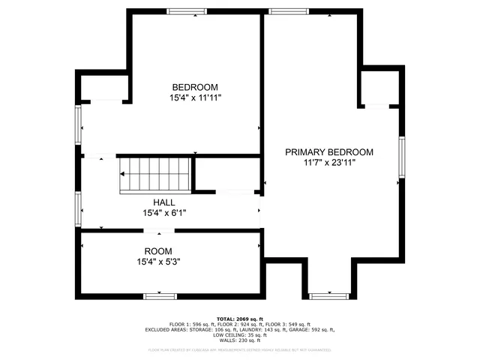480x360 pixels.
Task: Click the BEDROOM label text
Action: [x=196, y=86]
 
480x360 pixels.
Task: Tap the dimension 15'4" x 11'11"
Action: [x=196, y=97]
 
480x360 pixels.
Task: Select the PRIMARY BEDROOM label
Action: [x=329, y=152]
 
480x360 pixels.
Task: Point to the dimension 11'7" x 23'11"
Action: [x=329, y=163]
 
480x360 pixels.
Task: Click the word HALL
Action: [x=164, y=202]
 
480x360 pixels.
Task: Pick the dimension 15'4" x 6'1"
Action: [x=164, y=213]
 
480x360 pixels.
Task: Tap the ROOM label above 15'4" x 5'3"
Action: [x=158, y=251]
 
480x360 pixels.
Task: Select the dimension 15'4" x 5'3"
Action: [x=158, y=262]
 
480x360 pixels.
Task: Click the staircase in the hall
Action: [x=155, y=174]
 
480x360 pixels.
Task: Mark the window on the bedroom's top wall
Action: [x=187, y=11]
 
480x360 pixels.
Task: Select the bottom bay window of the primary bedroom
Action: [x=329, y=295]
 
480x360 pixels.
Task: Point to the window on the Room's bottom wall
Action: [x=160, y=296]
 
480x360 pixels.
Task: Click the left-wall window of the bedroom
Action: [x=78, y=124]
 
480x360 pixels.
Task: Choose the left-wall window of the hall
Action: [x=78, y=208]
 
